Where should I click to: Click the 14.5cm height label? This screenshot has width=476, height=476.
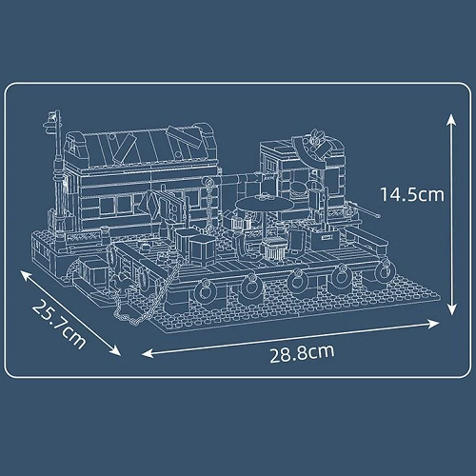(x=412, y=194)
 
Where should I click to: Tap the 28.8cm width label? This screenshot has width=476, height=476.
(x=302, y=353)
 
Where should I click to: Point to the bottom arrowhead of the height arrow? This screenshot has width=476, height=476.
(x=451, y=309)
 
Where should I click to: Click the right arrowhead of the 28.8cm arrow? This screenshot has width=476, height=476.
(x=434, y=324)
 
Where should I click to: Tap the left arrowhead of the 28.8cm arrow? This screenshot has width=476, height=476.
(x=148, y=353)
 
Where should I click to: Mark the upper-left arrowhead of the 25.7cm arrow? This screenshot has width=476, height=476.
(x=25, y=275)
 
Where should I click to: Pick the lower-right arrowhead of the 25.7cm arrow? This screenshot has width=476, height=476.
(x=116, y=350)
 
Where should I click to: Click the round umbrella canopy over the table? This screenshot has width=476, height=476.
(x=265, y=203)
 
